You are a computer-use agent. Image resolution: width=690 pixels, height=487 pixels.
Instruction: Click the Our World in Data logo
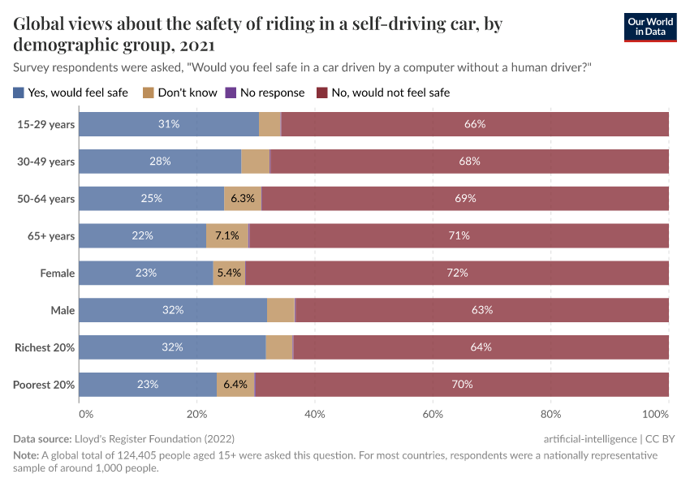tap(649, 27)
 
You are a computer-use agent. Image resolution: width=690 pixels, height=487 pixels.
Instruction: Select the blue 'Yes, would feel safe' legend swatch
tap(19, 93)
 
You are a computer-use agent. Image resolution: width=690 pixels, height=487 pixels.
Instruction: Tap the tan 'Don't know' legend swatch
tap(149, 93)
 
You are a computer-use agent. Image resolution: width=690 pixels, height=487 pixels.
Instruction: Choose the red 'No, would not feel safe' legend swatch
tap(322, 93)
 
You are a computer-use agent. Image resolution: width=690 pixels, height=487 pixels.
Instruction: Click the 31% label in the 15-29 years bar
tap(169, 124)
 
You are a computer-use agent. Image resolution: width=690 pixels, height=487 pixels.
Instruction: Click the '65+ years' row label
tap(51, 236)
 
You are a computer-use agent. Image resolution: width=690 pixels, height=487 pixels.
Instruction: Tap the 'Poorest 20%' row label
tap(44, 385)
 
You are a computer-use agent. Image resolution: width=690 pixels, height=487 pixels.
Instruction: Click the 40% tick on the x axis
tap(315, 415)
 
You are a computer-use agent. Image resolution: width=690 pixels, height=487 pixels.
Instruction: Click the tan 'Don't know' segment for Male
tap(281, 310)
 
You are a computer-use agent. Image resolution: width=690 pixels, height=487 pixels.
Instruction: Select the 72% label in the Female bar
tap(457, 274)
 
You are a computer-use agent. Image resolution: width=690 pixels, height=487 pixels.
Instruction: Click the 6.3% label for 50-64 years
tap(243, 199)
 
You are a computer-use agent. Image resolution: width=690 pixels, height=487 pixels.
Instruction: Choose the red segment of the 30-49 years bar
tap(469, 162)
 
